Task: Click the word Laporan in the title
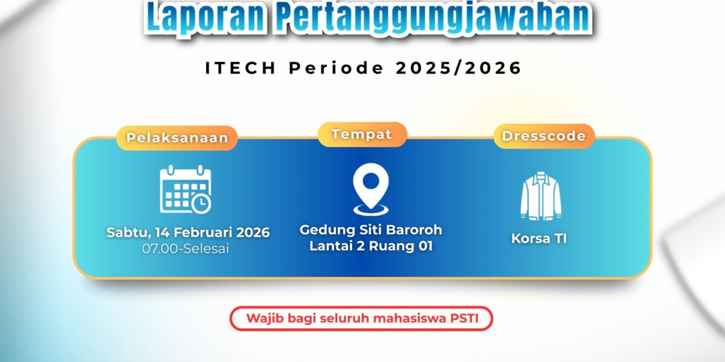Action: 205,17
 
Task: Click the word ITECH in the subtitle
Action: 240,68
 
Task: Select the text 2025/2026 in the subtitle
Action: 459,68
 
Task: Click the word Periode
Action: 336,68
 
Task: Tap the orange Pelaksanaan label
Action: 177,138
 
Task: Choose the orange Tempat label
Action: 362,135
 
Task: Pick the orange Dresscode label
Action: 544,136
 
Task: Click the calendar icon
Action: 185,189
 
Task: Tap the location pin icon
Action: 371,189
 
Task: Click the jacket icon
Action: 541,196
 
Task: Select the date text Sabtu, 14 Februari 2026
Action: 188,233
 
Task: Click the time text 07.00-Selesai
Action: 185,249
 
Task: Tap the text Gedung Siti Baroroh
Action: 371,230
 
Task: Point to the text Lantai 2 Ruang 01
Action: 371,246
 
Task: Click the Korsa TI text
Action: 539,238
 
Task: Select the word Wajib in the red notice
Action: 265,319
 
